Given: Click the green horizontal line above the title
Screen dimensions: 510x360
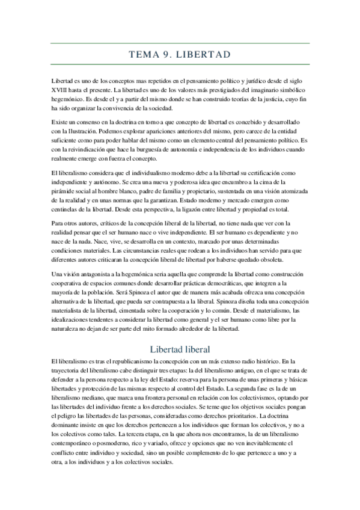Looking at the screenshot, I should (180, 43).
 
